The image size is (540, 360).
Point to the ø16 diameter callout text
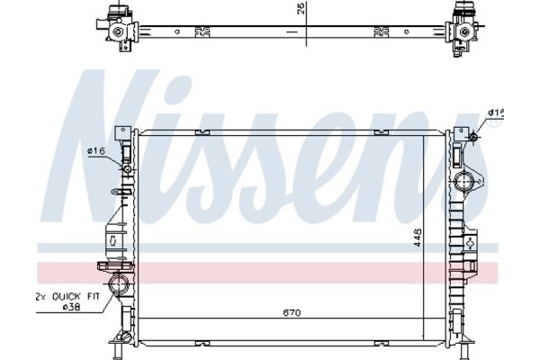[96, 151]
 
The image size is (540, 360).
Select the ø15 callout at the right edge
[497, 112]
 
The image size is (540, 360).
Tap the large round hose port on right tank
[465, 184]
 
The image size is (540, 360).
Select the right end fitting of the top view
[463, 30]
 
